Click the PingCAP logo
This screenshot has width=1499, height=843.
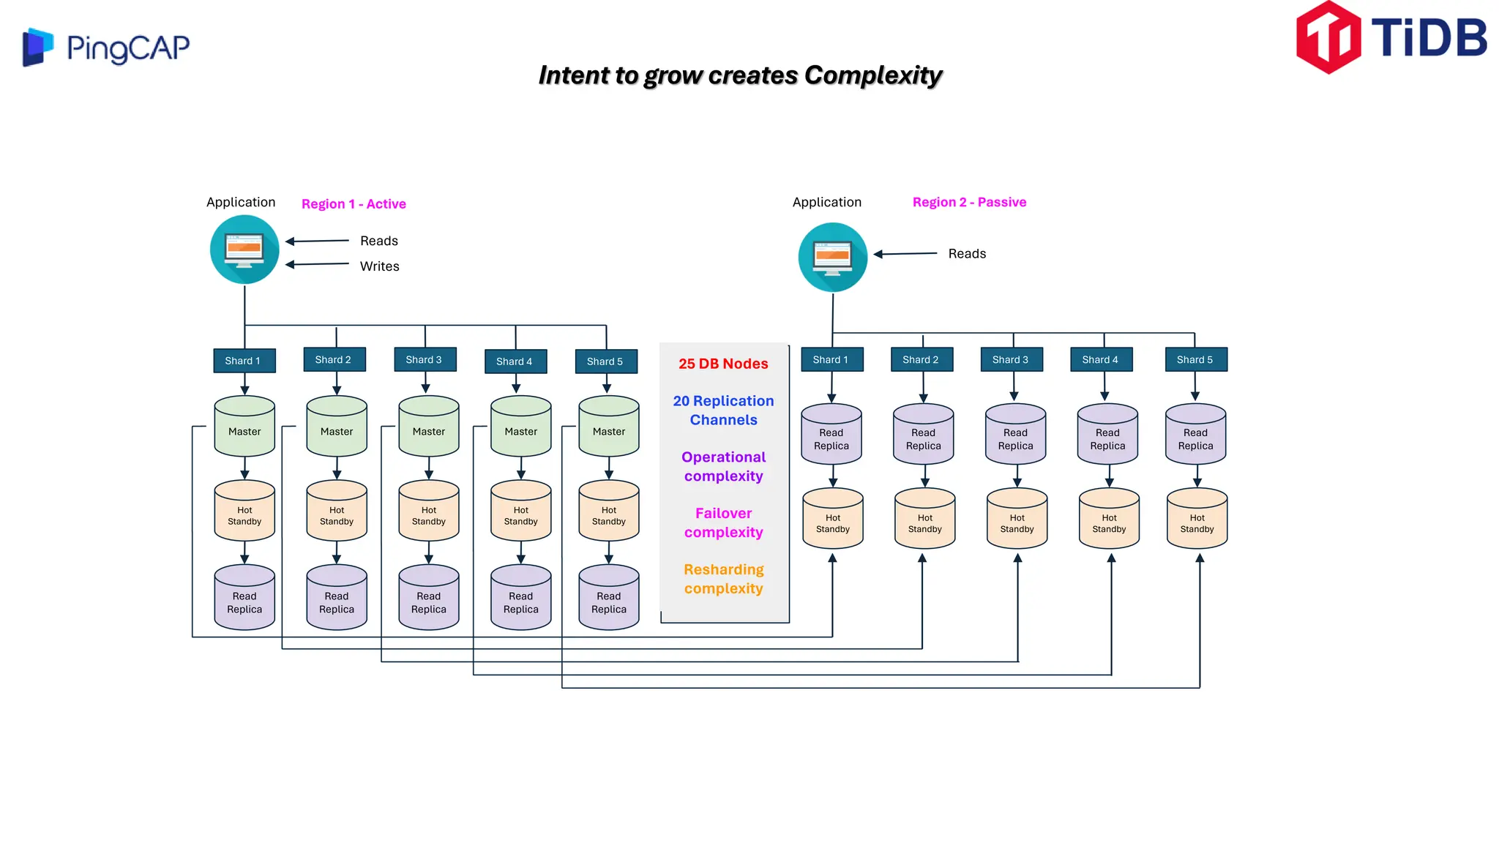point(106,48)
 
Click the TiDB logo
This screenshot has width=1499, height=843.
point(1391,38)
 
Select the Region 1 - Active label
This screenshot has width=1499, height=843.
point(354,204)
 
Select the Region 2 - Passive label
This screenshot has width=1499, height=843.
point(969,202)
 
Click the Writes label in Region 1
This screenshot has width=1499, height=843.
point(379,266)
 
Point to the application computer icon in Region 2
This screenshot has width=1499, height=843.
point(832,258)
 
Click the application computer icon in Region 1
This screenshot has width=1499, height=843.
point(244,250)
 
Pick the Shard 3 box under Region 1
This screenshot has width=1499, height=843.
point(425,359)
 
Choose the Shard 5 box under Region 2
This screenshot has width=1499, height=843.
point(1195,359)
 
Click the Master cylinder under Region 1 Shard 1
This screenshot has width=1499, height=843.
point(244,427)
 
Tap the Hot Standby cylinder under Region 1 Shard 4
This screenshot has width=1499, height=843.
point(520,512)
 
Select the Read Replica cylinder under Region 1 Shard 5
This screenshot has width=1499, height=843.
point(608,598)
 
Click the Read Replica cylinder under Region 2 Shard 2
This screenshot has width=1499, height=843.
point(923,435)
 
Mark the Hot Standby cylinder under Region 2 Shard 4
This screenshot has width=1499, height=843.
point(1109,519)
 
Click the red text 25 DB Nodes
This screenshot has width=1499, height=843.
point(723,364)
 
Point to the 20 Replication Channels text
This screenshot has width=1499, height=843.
point(723,411)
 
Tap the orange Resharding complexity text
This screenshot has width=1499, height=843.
point(723,579)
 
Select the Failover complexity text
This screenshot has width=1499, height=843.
point(723,522)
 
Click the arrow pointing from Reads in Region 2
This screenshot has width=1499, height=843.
point(905,254)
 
